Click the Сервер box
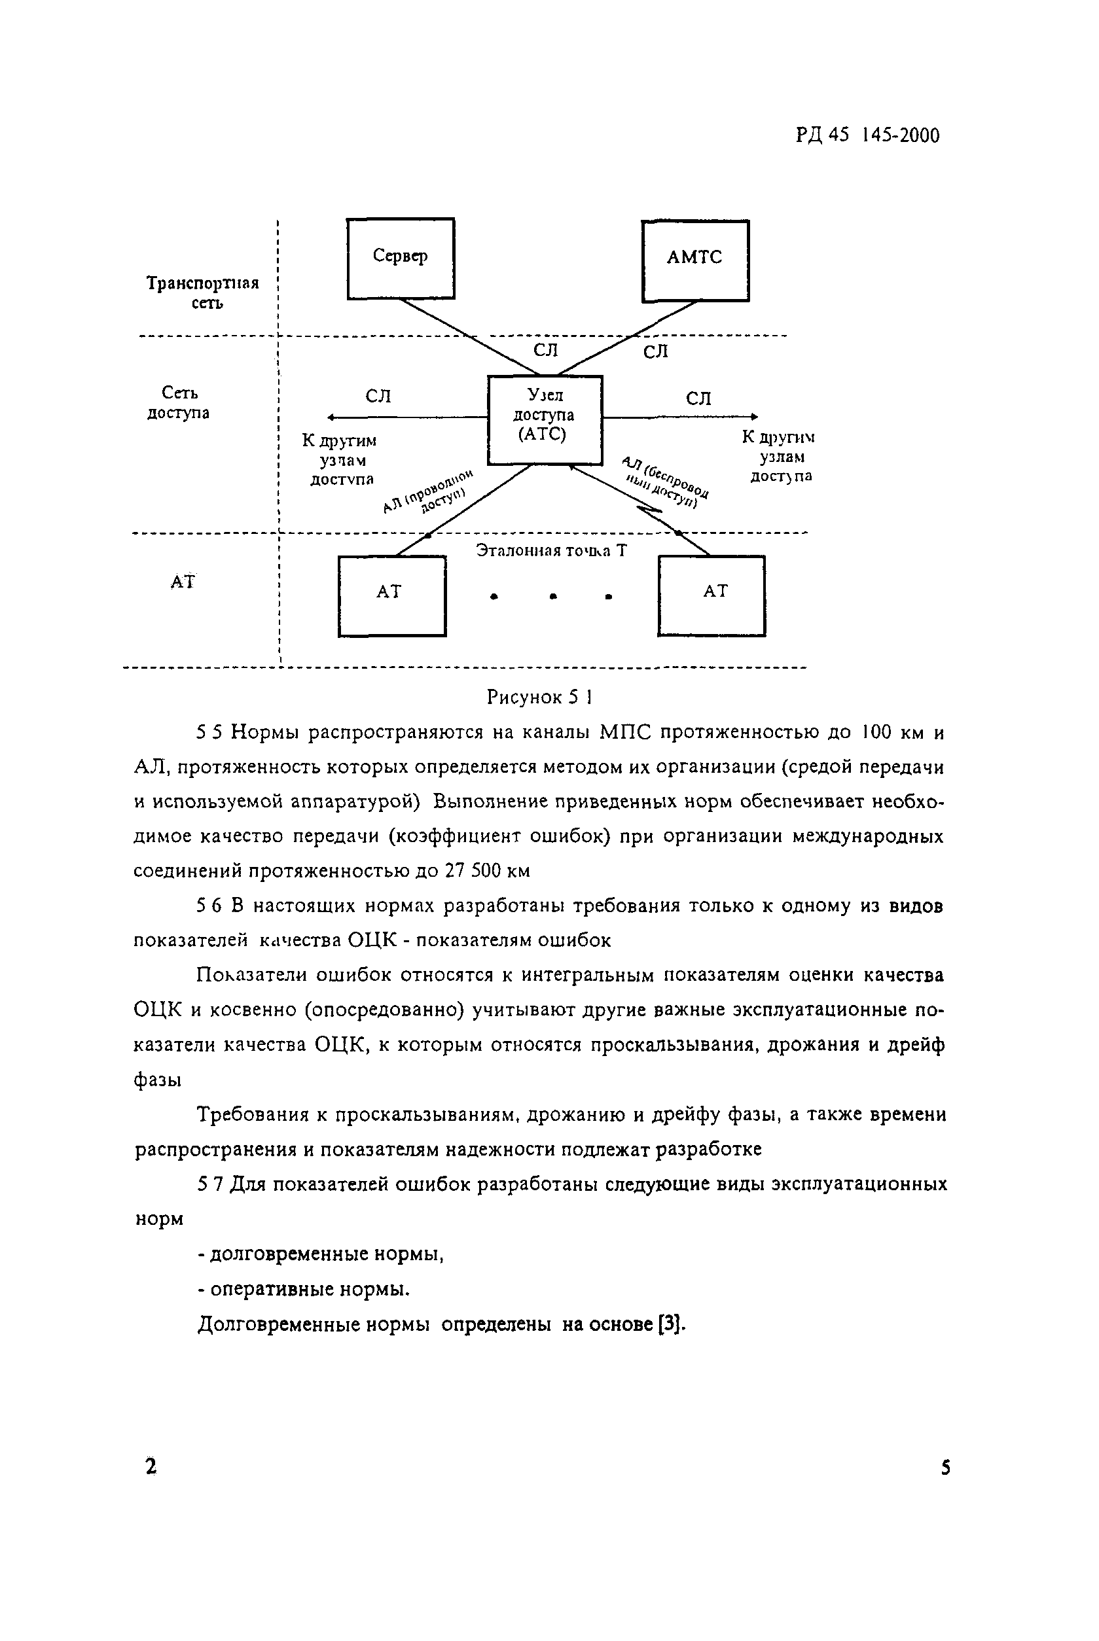[x=400, y=258]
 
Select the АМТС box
[x=694, y=260]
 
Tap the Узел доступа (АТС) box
[x=545, y=419]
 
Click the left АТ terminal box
[x=392, y=595]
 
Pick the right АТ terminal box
[x=711, y=595]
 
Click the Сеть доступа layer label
[x=179, y=402]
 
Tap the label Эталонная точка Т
[x=551, y=551]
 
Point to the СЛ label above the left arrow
[x=378, y=397]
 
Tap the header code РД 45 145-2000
[x=867, y=135]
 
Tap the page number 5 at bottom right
[x=945, y=1466]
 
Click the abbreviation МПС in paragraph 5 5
[x=626, y=732]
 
